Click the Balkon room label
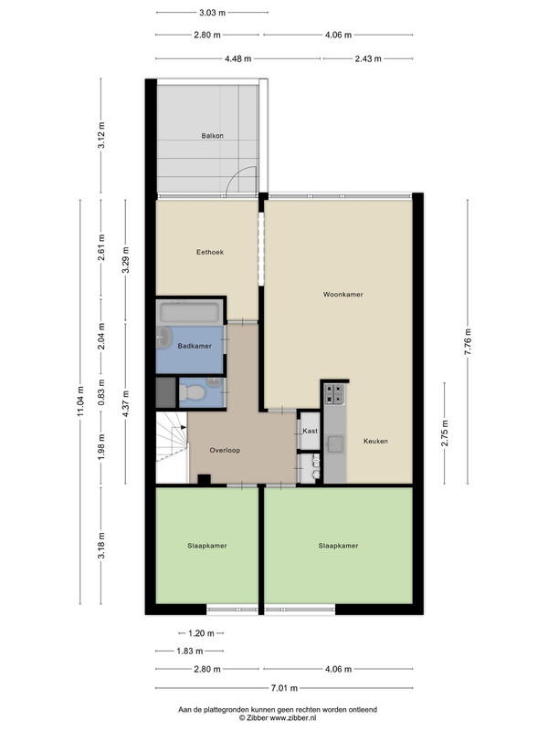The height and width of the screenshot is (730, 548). pyautogui.click(x=212, y=136)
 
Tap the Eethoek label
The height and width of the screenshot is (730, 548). pyautogui.click(x=210, y=253)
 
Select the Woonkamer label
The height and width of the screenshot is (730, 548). pyautogui.click(x=343, y=294)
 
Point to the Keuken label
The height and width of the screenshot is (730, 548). pyautogui.click(x=375, y=441)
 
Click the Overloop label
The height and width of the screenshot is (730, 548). pyautogui.click(x=225, y=450)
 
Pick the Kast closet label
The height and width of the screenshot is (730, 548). pyautogui.click(x=310, y=431)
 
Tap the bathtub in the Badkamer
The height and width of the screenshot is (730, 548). pyautogui.click(x=189, y=312)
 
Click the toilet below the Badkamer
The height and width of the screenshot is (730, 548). pyautogui.click(x=192, y=392)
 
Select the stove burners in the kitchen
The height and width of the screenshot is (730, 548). pyautogui.click(x=334, y=393)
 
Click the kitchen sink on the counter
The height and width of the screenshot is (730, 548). pyautogui.click(x=334, y=444)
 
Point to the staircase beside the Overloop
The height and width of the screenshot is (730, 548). pyautogui.click(x=172, y=447)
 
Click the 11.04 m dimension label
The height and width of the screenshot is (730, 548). pyautogui.click(x=80, y=401)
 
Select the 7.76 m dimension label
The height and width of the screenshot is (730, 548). pyautogui.click(x=468, y=341)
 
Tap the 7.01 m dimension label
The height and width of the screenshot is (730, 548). pyautogui.click(x=284, y=688)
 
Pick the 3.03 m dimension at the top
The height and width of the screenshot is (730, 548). pyautogui.click(x=212, y=13)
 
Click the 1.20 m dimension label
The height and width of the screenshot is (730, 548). pyautogui.click(x=201, y=633)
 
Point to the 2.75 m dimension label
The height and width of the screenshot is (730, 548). pyautogui.click(x=445, y=433)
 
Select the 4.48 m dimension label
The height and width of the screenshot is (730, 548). pyautogui.click(x=237, y=58)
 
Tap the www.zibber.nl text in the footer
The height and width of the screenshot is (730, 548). pyautogui.click(x=292, y=718)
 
